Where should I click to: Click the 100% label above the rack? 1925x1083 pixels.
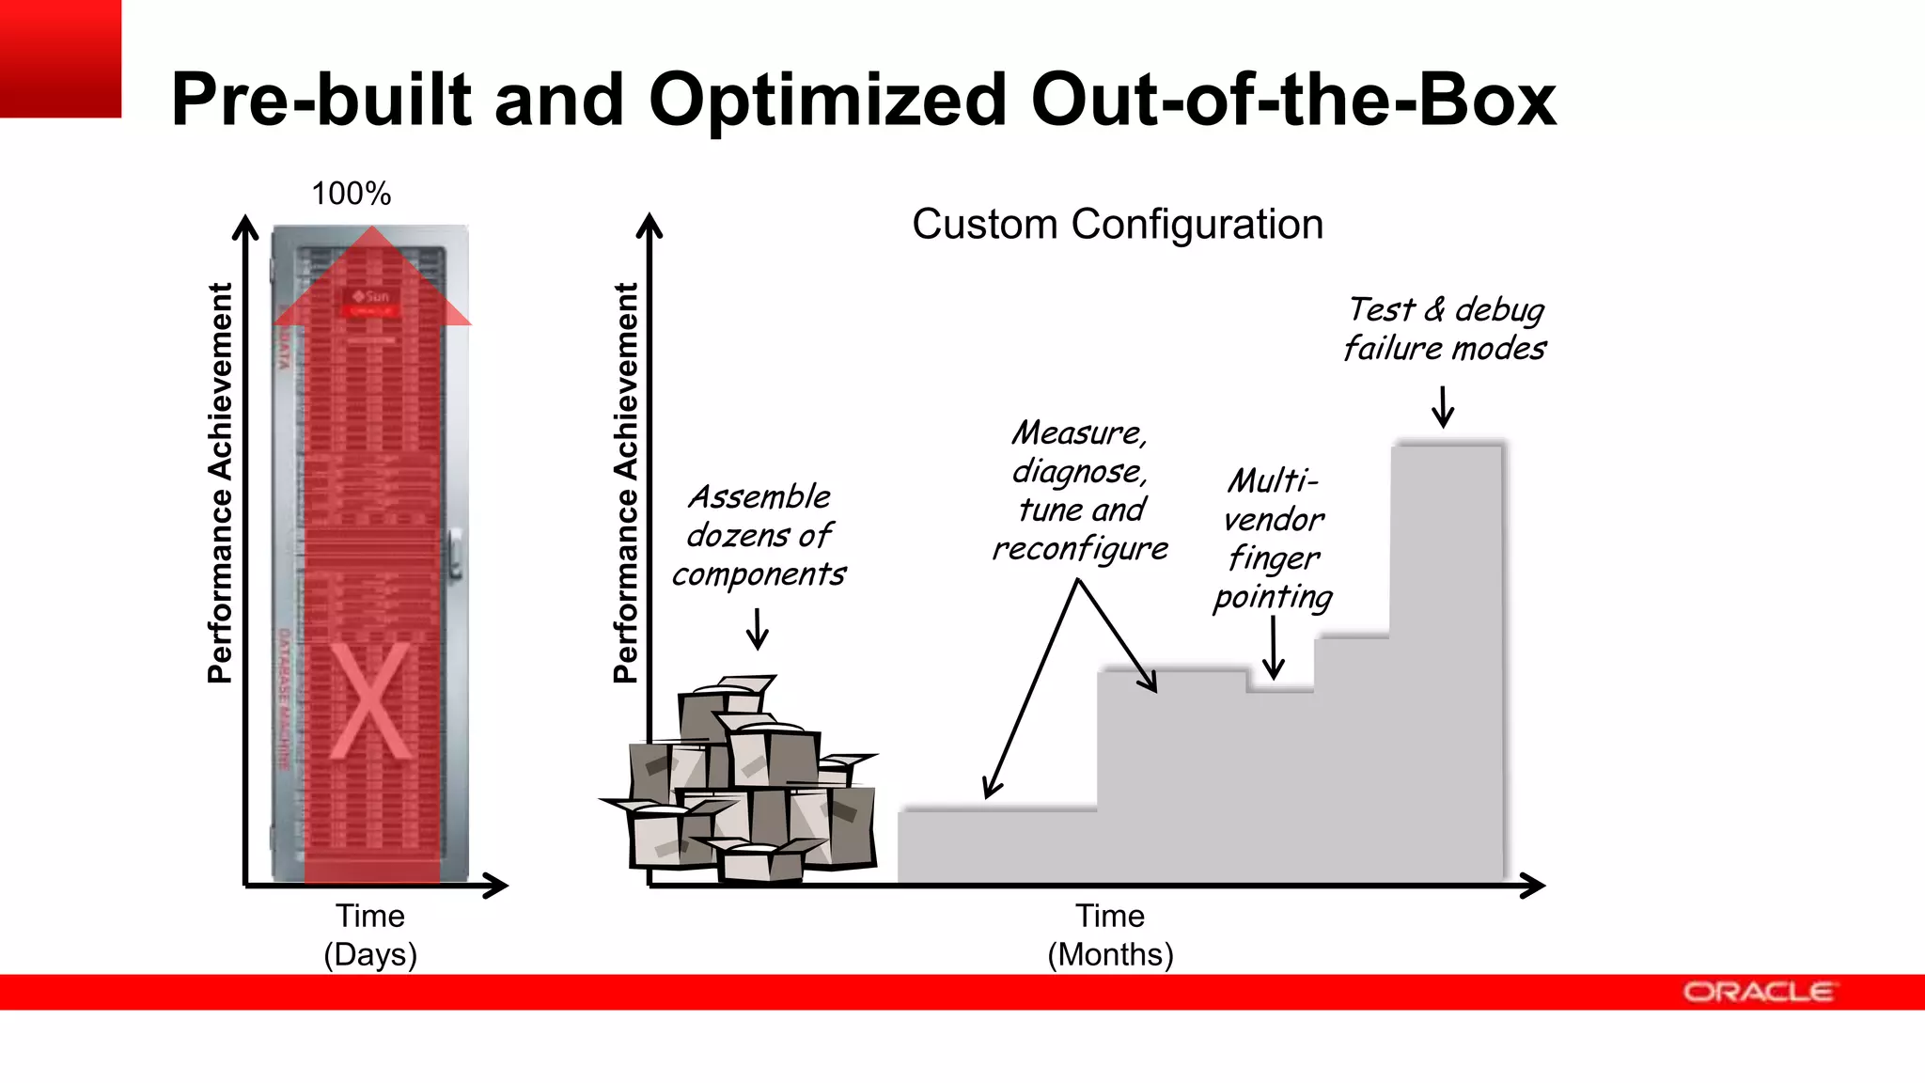[351, 194]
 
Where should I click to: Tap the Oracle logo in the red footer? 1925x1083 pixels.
[1759, 992]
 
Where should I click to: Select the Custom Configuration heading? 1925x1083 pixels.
[1118, 225]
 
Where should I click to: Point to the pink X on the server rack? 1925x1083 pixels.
[370, 701]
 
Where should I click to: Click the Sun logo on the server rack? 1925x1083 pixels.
[370, 296]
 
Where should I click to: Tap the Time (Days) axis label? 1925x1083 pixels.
[370, 934]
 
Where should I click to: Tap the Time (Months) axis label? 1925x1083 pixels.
[1110, 934]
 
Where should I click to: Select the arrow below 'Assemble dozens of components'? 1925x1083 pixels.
[757, 629]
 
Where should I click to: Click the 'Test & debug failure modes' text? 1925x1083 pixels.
[1445, 328]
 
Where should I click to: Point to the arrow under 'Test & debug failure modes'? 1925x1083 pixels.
[1443, 406]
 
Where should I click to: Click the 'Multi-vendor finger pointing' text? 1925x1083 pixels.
[1273, 539]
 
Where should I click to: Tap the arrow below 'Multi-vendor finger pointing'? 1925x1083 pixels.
[1273, 649]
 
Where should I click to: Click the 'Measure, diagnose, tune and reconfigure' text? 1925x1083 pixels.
[1080, 490]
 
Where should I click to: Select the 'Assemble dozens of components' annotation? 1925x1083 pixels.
[759, 535]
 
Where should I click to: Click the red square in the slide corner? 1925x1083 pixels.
[60, 58]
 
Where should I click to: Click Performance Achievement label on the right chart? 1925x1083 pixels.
[625, 482]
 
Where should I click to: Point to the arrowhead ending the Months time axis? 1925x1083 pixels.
[1533, 886]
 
